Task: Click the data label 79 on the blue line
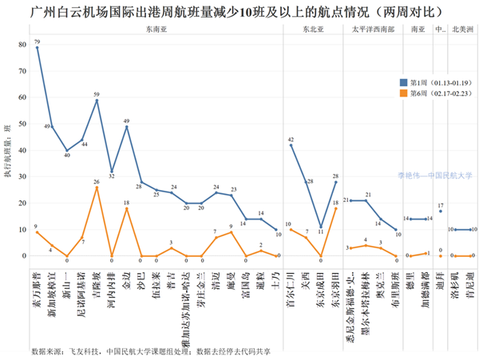tap(37, 42)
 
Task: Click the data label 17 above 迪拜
tap(441, 205)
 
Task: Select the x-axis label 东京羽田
tap(336, 283)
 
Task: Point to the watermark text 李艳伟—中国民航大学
tap(435, 176)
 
